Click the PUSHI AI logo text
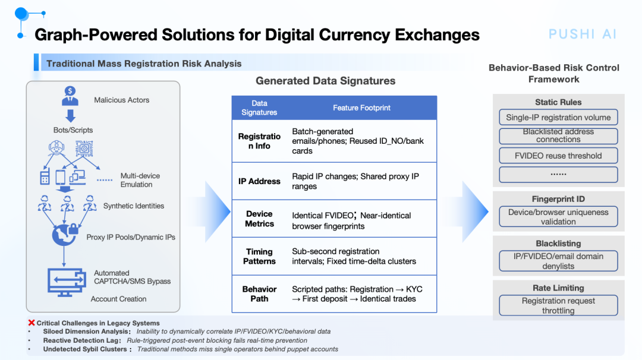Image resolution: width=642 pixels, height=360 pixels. click(x=582, y=34)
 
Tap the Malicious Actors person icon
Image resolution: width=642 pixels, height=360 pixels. click(x=70, y=96)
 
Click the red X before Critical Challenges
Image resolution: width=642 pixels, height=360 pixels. click(x=32, y=323)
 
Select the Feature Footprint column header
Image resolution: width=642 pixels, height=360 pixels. click(x=361, y=108)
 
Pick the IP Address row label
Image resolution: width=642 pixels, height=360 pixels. click(x=259, y=181)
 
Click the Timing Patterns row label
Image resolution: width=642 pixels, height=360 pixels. click(x=259, y=257)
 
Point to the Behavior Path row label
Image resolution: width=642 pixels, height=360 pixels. click(x=259, y=293)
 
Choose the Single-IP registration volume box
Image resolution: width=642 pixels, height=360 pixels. click(x=558, y=118)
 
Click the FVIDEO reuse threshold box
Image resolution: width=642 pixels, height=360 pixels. click(x=558, y=156)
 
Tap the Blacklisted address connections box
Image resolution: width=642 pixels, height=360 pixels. click(x=558, y=136)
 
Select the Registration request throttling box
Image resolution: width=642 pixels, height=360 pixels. click(x=558, y=305)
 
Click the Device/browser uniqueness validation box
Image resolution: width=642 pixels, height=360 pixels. click(x=558, y=217)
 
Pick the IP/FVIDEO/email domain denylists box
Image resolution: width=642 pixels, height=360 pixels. click(x=558, y=261)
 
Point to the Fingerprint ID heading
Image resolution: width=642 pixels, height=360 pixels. click(x=558, y=199)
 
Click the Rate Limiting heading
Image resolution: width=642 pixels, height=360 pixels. click(x=558, y=288)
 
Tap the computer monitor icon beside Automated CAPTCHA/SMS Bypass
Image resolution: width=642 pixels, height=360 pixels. click(x=67, y=282)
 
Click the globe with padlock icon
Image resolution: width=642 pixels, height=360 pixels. click(x=65, y=235)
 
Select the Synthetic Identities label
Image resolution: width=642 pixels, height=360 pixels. click(x=134, y=206)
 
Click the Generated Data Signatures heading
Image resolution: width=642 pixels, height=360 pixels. click(x=326, y=81)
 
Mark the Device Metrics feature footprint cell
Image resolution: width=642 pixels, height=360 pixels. click(x=351, y=220)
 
